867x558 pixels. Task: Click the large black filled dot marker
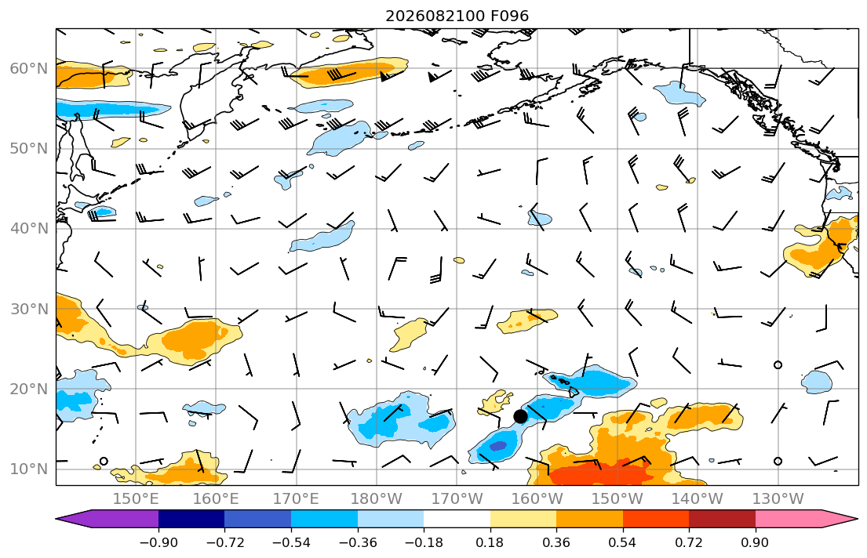point(520,417)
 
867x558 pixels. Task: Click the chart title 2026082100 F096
point(457,16)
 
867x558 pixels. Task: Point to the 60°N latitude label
point(29,68)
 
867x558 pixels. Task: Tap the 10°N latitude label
point(29,469)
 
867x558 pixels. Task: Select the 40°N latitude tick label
point(29,229)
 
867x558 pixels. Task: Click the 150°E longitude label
point(136,499)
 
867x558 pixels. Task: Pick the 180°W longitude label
point(377,499)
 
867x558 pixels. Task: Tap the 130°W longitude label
point(778,499)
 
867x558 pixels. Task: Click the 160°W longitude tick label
point(537,499)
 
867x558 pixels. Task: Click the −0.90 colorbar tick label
point(158,542)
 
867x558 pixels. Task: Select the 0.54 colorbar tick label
point(623,542)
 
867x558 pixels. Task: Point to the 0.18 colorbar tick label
point(490,542)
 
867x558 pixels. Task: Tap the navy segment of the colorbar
point(191,519)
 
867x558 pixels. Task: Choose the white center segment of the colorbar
point(457,519)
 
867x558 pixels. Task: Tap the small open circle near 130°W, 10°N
point(778,461)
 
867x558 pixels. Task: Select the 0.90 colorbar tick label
point(756,542)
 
